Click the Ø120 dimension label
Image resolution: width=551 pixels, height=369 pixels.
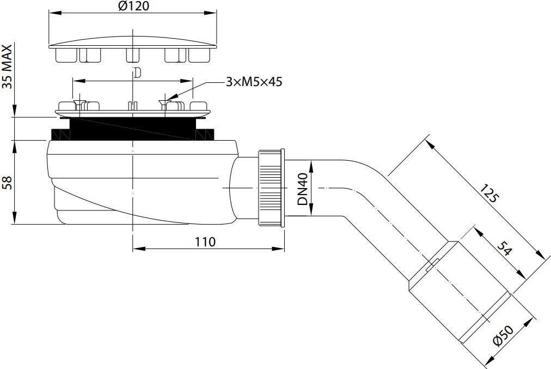[133, 6]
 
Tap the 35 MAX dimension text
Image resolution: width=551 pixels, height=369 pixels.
[8, 67]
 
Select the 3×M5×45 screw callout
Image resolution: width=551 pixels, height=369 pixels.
[254, 82]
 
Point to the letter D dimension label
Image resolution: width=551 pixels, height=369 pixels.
[137, 72]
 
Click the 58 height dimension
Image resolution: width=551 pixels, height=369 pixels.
[8, 183]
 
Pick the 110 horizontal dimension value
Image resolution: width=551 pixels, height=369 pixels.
[205, 241]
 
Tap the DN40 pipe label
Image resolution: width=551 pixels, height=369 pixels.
[303, 189]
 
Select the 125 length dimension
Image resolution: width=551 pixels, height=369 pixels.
[489, 192]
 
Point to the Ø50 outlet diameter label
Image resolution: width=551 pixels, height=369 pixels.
[503, 336]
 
